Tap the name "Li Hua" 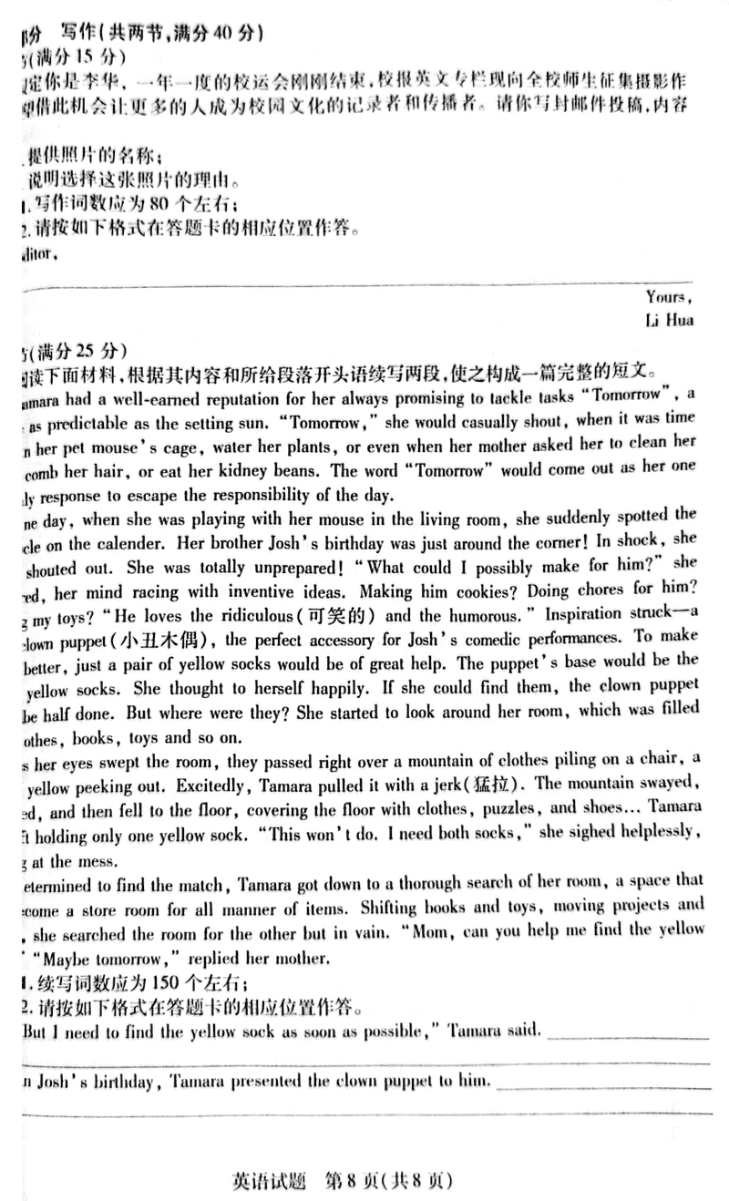tap(669, 320)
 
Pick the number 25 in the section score tap(77, 349)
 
